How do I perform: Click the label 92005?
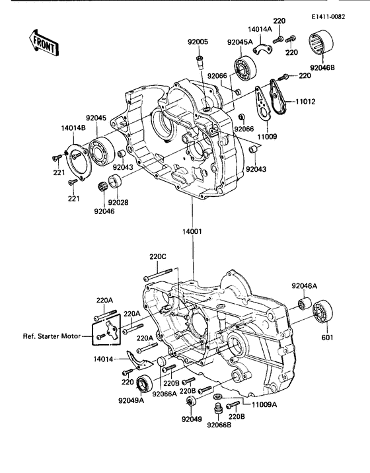tap(197, 42)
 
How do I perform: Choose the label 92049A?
tap(133, 400)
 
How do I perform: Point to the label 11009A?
tap(264, 403)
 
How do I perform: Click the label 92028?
tap(119, 202)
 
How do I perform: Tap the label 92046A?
tap(305, 286)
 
